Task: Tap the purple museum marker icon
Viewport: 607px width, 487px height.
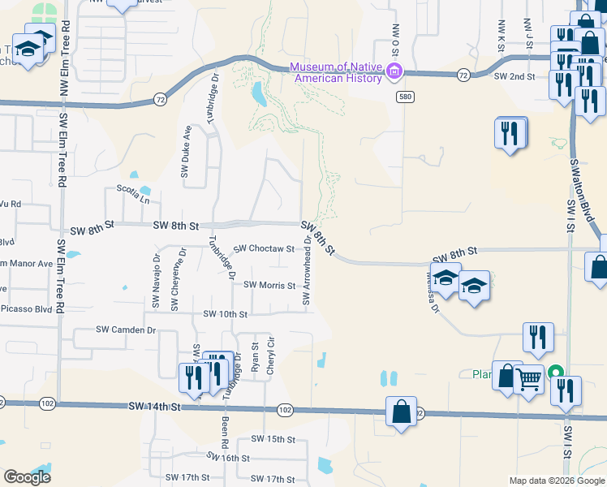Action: point(394,71)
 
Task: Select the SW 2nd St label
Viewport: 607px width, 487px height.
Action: point(514,76)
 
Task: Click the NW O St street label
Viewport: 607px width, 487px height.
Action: point(396,40)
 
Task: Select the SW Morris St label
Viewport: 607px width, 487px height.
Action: point(267,285)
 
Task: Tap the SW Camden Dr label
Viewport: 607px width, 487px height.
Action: point(125,330)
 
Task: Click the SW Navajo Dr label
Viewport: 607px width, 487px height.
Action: point(155,279)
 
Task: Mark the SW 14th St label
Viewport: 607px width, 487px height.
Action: point(153,406)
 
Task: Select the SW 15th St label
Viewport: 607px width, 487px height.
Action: point(272,438)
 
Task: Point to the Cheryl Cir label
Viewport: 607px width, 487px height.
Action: point(271,356)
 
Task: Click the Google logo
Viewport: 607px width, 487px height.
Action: point(27,476)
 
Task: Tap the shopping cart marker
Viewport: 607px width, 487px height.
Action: point(528,378)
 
